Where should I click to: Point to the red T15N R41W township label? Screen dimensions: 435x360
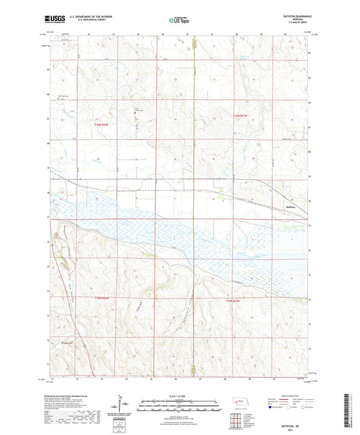click(x=232, y=299)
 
